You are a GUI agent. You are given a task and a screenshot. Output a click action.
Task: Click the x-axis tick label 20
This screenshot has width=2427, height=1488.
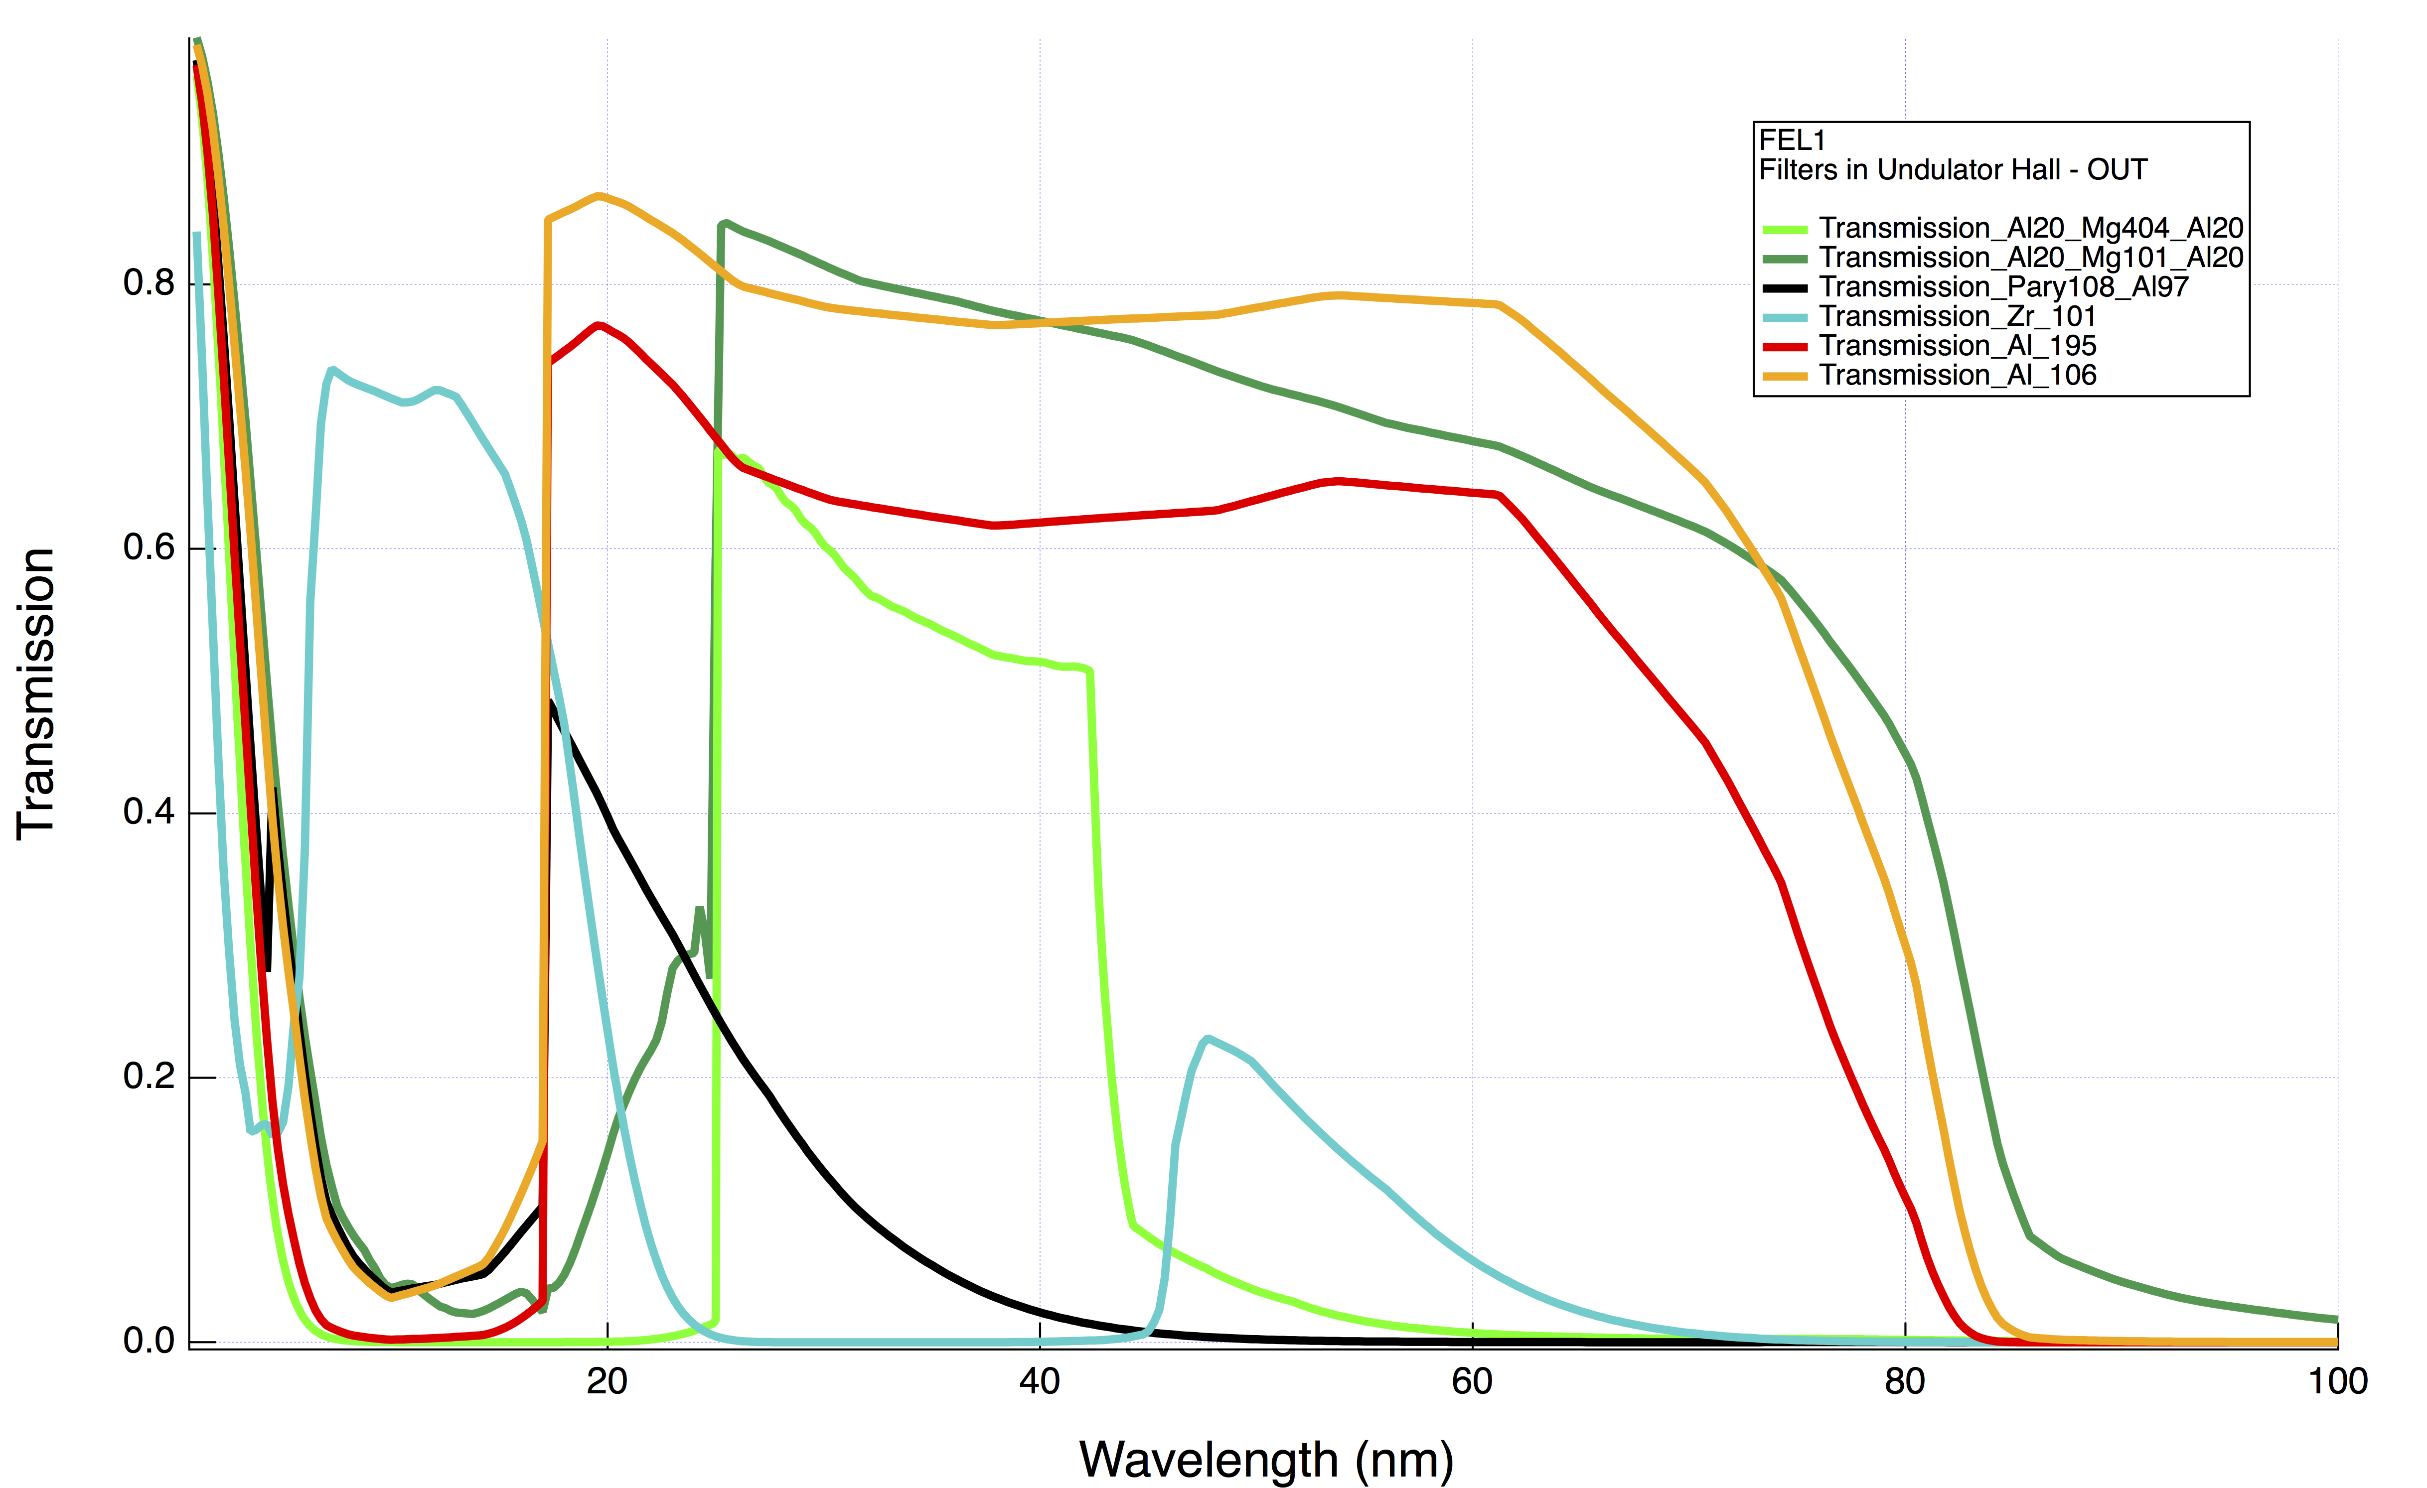pos(607,1382)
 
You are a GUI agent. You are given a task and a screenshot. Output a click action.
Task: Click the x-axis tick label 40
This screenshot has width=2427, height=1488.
pos(1039,1382)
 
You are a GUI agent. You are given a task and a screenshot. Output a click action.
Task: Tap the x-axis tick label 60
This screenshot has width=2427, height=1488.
pos(1472,1382)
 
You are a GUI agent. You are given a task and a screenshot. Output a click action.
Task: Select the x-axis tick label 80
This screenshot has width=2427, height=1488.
pos(1904,1382)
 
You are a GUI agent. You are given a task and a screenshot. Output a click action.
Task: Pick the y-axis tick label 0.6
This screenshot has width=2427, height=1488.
pos(149,547)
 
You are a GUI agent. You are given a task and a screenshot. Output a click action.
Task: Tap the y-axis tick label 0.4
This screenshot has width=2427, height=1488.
pos(149,812)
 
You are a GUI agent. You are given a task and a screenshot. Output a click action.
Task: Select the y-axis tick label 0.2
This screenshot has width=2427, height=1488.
pos(149,1077)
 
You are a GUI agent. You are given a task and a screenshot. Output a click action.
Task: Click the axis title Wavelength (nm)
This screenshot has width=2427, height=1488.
pos(1266,1461)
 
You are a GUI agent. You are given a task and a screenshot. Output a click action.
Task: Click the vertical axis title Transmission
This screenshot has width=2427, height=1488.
pos(35,694)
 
